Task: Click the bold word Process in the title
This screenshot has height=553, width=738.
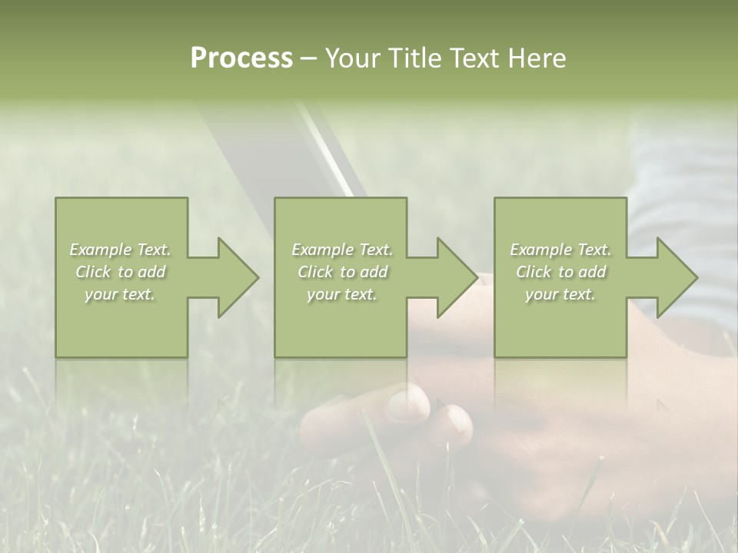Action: point(241,58)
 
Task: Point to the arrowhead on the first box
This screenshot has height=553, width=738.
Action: point(234,277)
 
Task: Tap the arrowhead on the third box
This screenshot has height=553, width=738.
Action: point(673,277)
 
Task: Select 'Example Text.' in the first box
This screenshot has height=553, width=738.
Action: point(120,250)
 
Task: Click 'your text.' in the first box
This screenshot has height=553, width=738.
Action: point(120,294)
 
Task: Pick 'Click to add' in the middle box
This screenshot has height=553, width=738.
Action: point(342,272)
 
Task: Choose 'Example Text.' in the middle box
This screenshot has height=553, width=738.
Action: point(342,250)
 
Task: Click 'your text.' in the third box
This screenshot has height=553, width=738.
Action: point(560,294)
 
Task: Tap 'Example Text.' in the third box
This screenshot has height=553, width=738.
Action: point(560,250)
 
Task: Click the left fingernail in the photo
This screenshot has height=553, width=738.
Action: point(407,402)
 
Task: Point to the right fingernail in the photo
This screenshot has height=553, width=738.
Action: point(457,425)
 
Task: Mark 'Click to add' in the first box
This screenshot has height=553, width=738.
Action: point(120,272)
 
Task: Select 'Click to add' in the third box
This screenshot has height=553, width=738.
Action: point(560,272)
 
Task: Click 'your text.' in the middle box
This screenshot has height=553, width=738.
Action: point(342,294)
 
